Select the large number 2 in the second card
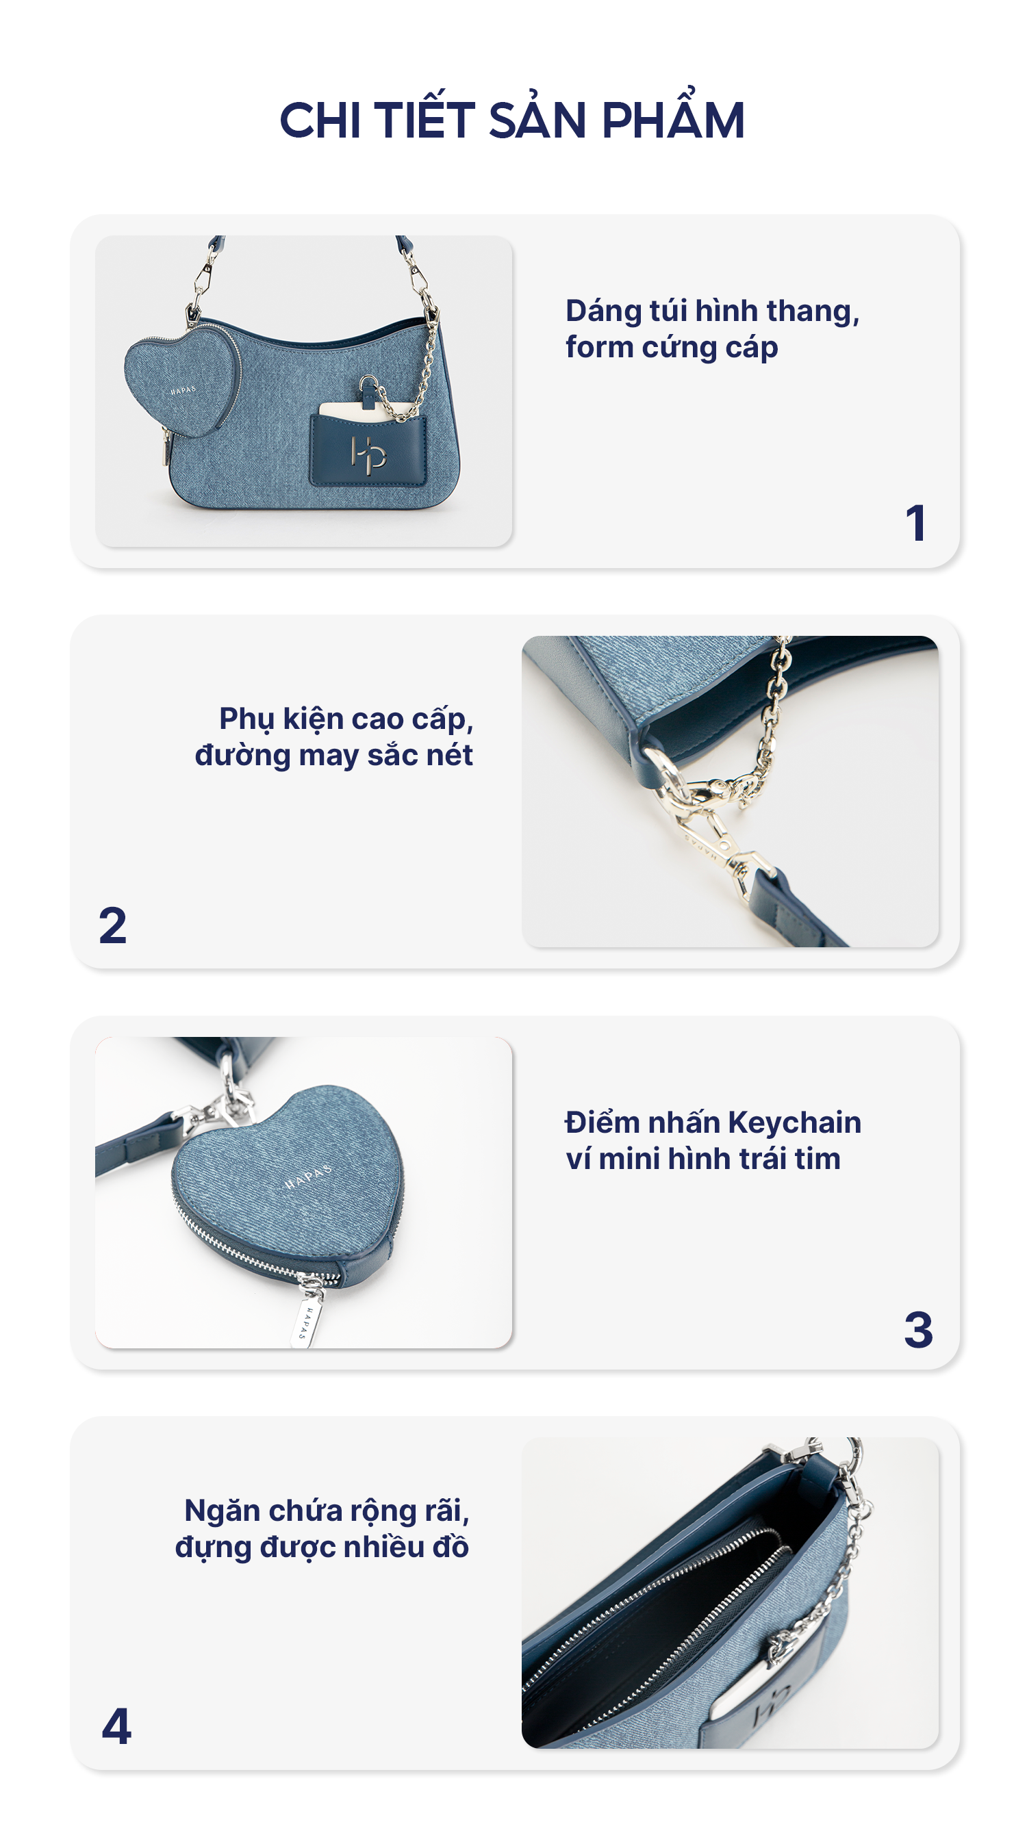113,925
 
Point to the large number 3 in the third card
918,1329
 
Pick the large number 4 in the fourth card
116,1726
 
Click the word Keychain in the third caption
794,1122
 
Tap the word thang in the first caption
813,312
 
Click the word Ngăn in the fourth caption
221,1510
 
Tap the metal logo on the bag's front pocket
368,453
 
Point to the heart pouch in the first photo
182,381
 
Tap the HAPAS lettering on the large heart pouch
309,1177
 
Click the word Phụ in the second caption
246,720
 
